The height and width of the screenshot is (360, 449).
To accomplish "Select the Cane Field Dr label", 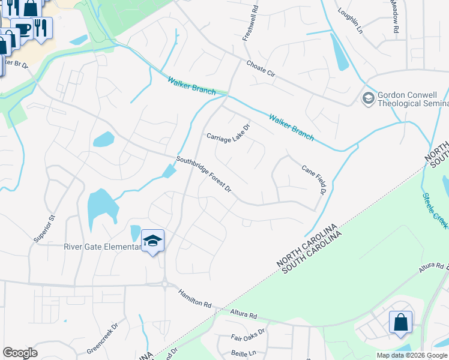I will click(x=313, y=181).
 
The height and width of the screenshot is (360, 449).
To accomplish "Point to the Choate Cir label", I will click(x=260, y=68).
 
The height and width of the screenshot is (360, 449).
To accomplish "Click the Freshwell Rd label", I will click(x=250, y=24).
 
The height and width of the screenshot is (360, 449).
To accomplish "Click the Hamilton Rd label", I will click(x=195, y=298).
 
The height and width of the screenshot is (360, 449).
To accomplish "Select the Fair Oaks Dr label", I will click(x=248, y=338).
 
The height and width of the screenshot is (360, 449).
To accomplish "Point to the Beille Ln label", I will click(x=243, y=353).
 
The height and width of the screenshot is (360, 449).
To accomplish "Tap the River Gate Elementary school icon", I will click(x=153, y=241).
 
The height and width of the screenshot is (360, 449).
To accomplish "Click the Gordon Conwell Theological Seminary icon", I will click(x=368, y=97).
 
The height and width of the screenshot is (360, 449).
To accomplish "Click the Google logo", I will click(x=20, y=353).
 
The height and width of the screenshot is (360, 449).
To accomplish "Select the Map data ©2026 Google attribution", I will click(x=412, y=355).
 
